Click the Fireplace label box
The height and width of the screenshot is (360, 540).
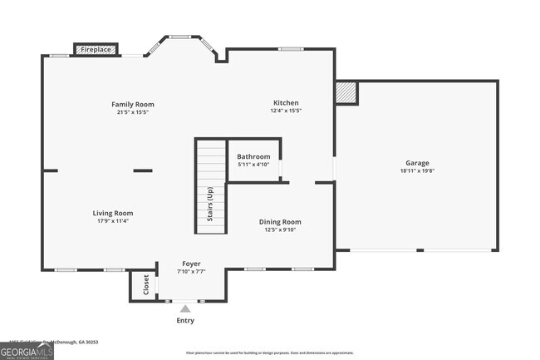pyautogui.click(x=96, y=50)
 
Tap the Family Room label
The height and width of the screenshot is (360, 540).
pyautogui.click(x=133, y=104)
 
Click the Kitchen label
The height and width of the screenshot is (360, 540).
pyautogui.click(x=286, y=103)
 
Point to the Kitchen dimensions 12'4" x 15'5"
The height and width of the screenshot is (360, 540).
pyautogui.click(x=286, y=111)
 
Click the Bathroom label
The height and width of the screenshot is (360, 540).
pyautogui.click(x=253, y=156)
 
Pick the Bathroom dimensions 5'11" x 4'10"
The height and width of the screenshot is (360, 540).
pyautogui.click(x=253, y=165)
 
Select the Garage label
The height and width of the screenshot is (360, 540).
pyautogui.click(x=417, y=163)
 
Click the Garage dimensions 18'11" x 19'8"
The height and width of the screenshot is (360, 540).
pyautogui.click(x=417, y=171)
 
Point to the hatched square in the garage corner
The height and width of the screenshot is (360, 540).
pyautogui.click(x=346, y=92)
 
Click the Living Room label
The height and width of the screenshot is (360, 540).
pyautogui.click(x=112, y=213)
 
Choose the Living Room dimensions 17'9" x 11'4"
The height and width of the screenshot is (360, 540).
pyautogui.click(x=112, y=221)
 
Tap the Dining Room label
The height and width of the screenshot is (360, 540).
pyautogui.click(x=280, y=222)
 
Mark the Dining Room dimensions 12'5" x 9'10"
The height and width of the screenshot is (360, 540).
pyautogui.click(x=280, y=230)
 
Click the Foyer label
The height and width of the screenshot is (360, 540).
pyautogui.click(x=191, y=264)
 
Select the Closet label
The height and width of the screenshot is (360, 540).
pyautogui.click(x=146, y=284)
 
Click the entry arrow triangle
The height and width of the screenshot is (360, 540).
pyautogui.click(x=185, y=308)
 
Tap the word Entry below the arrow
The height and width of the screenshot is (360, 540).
pyautogui.click(x=186, y=320)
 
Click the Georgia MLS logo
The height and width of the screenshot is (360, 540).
pyautogui.click(x=27, y=353)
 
